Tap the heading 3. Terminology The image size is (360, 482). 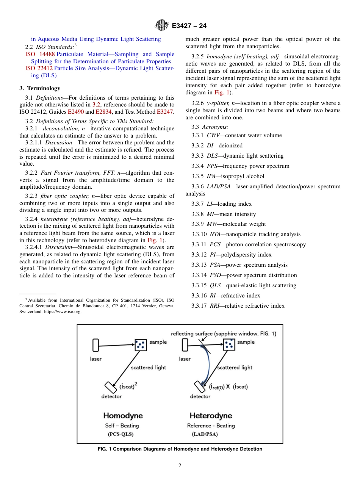pyautogui.click(x=40, y=88)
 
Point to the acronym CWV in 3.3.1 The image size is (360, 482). pyautogui.click(x=214, y=135)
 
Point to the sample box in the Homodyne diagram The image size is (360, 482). pyautogui.click(x=141, y=345)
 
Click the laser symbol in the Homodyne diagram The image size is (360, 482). pyautogui.click(x=95, y=345)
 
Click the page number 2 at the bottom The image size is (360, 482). pyautogui.click(x=180, y=466)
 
